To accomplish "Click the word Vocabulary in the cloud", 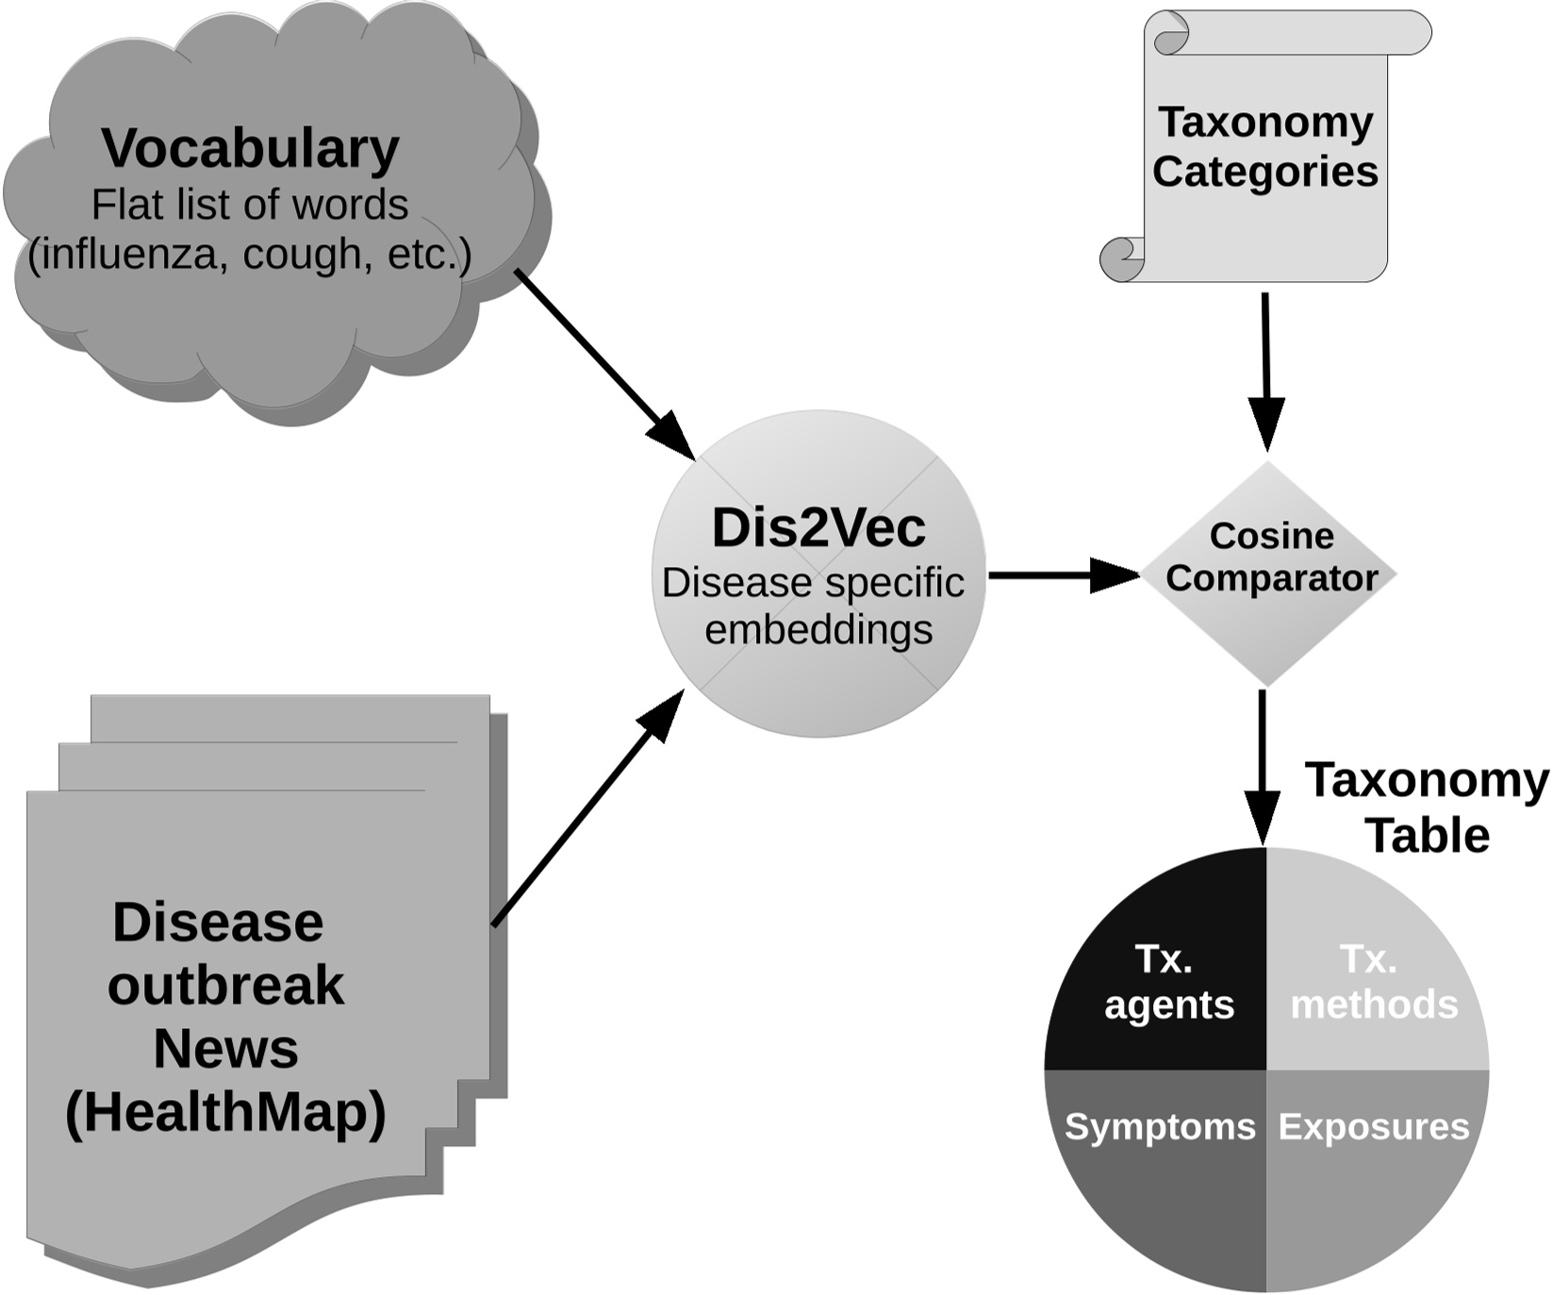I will pyautogui.click(x=250, y=149).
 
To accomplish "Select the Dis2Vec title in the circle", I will pyautogui.click(x=818, y=528).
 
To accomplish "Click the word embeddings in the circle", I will pyautogui.click(x=818, y=630).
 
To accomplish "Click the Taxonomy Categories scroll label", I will pyautogui.click(x=1265, y=147).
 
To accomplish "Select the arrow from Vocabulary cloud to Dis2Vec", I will pyautogui.click(x=603, y=363).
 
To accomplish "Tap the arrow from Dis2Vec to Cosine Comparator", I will pyautogui.click(x=1061, y=574).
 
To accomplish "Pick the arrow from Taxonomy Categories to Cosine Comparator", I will pyautogui.click(x=1265, y=368).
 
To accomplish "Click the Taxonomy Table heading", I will pyautogui.click(x=1427, y=807).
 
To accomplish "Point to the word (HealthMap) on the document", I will pyautogui.click(x=225, y=1112).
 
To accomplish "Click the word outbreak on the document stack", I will pyautogui.click(x=225, y=986).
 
